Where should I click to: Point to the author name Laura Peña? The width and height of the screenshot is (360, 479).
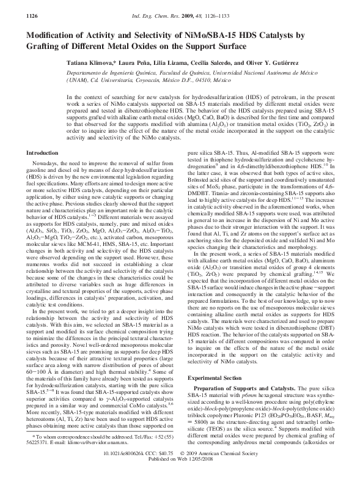(x=134, y=62)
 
